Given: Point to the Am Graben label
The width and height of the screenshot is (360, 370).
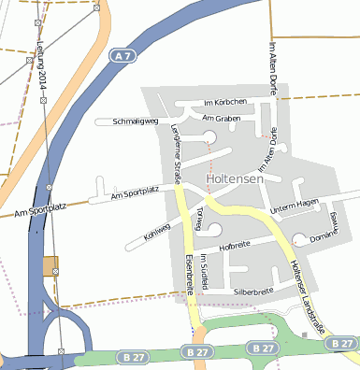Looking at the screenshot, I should [221, 119].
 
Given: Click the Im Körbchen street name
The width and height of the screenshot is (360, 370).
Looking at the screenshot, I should [224, 101].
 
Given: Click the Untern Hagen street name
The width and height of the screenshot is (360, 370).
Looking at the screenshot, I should [295, 205].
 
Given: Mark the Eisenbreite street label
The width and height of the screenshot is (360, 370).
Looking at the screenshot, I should [189, 275].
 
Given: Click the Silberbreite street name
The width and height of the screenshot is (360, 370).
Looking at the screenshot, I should [253, 292].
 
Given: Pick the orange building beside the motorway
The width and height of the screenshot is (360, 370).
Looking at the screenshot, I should [50, 266].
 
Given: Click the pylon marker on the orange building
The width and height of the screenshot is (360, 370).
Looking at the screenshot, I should [55, 271].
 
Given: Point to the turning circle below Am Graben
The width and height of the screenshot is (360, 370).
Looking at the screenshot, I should [209, 138].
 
